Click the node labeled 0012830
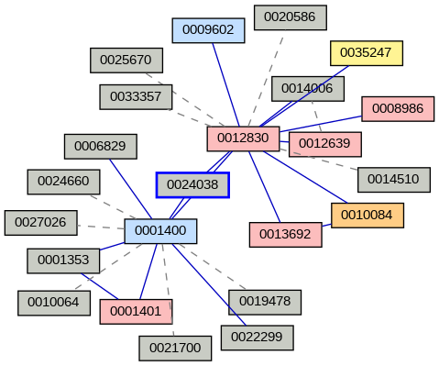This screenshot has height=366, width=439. (243, 139)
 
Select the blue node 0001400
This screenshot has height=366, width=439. (160, 231)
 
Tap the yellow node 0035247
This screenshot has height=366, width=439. (366, 53)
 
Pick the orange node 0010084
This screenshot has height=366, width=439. (367, 216)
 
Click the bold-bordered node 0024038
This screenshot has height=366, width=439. (192, 185)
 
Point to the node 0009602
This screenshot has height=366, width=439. (208, 30)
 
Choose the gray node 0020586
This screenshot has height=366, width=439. (290, 17)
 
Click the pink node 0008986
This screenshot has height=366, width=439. (398, 108)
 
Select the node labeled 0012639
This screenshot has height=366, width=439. (324, 144)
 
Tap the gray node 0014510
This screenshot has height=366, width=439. (393, 179)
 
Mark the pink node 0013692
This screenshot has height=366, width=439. (285, 234)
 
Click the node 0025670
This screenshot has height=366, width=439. (126, 61)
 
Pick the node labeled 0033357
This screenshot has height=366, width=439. (136, 96)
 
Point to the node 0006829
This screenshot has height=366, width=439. (101, 146)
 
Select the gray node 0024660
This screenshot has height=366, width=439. (63, 182)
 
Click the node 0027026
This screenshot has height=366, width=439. (41, 223)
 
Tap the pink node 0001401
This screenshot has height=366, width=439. (136, 311)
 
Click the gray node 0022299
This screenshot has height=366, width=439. (257, 338)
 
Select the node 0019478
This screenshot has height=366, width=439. (265, 301)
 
